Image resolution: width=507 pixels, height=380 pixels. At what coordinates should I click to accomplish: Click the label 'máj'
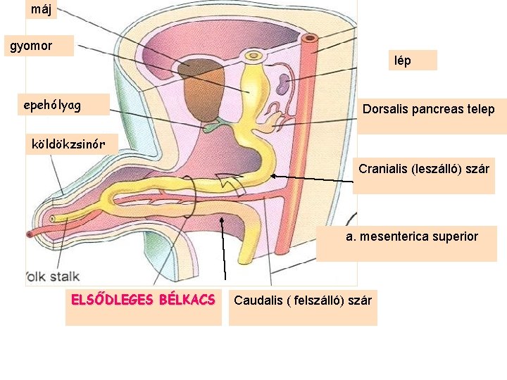pos(41,9)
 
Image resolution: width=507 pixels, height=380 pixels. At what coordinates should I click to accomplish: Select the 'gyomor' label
pos(30,46)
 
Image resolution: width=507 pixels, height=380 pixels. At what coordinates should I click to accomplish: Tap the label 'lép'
pos(403,61)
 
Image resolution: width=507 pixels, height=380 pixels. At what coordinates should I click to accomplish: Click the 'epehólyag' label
pos(53,105)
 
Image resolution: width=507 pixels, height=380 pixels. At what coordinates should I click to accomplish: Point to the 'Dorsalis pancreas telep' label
pos(428,109)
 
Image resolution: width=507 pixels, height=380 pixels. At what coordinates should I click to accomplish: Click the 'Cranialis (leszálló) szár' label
pos(424,170)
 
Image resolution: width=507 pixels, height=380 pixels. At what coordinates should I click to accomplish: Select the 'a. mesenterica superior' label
pos(412,236)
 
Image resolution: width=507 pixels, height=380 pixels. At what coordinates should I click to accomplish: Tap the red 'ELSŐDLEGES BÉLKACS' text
pos(143,300)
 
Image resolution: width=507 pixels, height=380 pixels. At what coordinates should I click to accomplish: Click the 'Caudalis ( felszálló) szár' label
pos(303,300)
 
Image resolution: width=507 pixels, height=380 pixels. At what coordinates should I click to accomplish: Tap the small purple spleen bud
pos(282,85)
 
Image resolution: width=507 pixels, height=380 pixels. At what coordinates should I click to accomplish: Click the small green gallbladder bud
pos(213,127)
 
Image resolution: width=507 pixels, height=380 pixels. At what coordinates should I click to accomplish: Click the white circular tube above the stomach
pos(251,55)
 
